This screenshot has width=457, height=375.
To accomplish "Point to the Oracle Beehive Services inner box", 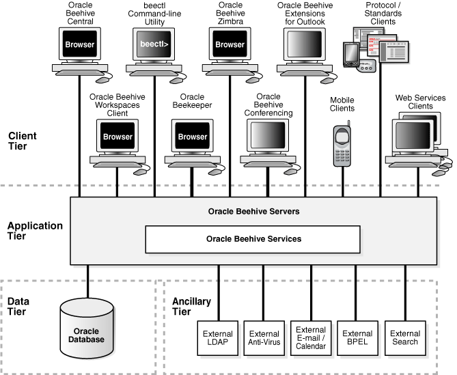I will click(x=253, y=239).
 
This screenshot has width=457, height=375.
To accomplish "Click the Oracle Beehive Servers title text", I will click(x=253, y=211).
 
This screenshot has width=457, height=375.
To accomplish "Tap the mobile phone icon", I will click(x=342, y=144).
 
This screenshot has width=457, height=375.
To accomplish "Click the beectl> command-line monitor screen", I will click(x=154, y=45).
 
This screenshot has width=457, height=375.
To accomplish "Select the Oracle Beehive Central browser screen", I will click(x=79, y=45).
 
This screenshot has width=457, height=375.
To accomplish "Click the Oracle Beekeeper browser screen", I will click(x=192, y=136).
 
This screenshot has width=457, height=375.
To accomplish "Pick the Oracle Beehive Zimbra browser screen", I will click(x=230, y=45).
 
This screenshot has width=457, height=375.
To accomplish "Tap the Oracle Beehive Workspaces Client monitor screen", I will click(x=117, y=136).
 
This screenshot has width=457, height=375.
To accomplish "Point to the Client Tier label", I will click(x=23, y=141).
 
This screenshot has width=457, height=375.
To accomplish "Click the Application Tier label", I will click(x=35, y=231).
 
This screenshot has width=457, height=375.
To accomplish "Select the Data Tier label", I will click(x=19, y=306).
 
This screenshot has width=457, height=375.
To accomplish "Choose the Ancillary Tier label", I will click(x=191, y=306).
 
